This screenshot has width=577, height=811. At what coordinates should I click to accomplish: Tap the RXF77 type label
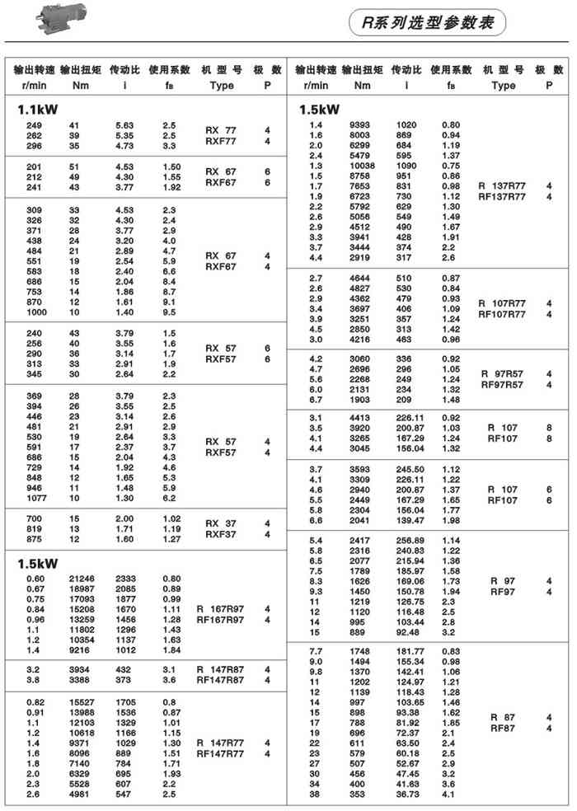coord(220,141)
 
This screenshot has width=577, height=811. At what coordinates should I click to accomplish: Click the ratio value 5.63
coord(124,125)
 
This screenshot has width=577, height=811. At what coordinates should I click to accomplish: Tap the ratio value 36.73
coord(409,796)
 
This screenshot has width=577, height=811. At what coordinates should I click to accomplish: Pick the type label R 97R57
coord(503,373)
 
